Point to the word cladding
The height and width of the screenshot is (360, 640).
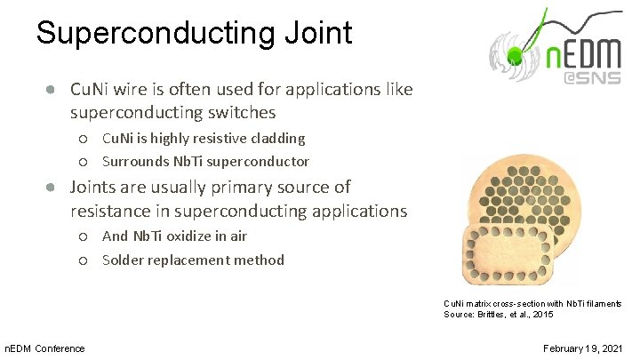tap(274, 138)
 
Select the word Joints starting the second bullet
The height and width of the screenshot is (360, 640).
tap(95, 187)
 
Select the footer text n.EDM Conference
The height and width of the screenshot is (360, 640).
tap(45, 348)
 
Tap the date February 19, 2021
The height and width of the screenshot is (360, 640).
tap(582, 348)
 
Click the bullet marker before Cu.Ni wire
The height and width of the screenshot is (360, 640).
tap(53, 90)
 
